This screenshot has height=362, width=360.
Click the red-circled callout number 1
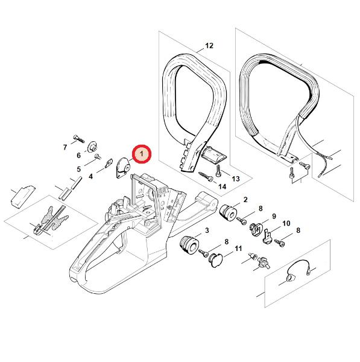coord(142,154)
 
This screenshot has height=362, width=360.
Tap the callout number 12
coord(209,46)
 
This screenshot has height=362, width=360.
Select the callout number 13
coord(236,179)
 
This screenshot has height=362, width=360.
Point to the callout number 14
coord(223,186)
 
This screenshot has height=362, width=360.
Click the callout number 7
coord(65,147)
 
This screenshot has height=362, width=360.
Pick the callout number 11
coord(238,249)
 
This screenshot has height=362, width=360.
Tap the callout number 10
coord(286,223)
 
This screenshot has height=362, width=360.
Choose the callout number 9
coord(274,217)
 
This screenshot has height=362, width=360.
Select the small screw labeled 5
coord(98,157)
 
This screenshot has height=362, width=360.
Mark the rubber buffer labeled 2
coord(228,213)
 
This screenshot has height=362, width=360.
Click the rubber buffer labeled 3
coord(189,245)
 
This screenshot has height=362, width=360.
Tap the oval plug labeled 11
coord(216,260)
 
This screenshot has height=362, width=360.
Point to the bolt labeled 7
coord(79,139)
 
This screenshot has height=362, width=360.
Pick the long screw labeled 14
coord(206,177)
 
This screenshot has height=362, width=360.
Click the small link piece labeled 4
coord(109,163)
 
